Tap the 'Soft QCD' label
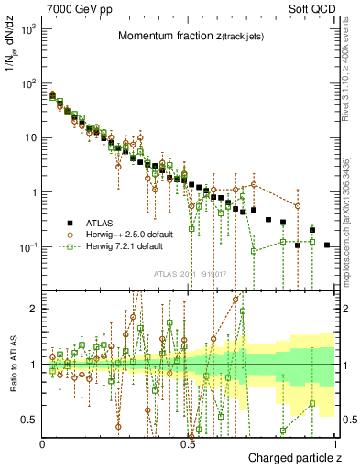point(312,9)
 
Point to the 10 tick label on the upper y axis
point(32,138)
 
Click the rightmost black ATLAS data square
point(328,245)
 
